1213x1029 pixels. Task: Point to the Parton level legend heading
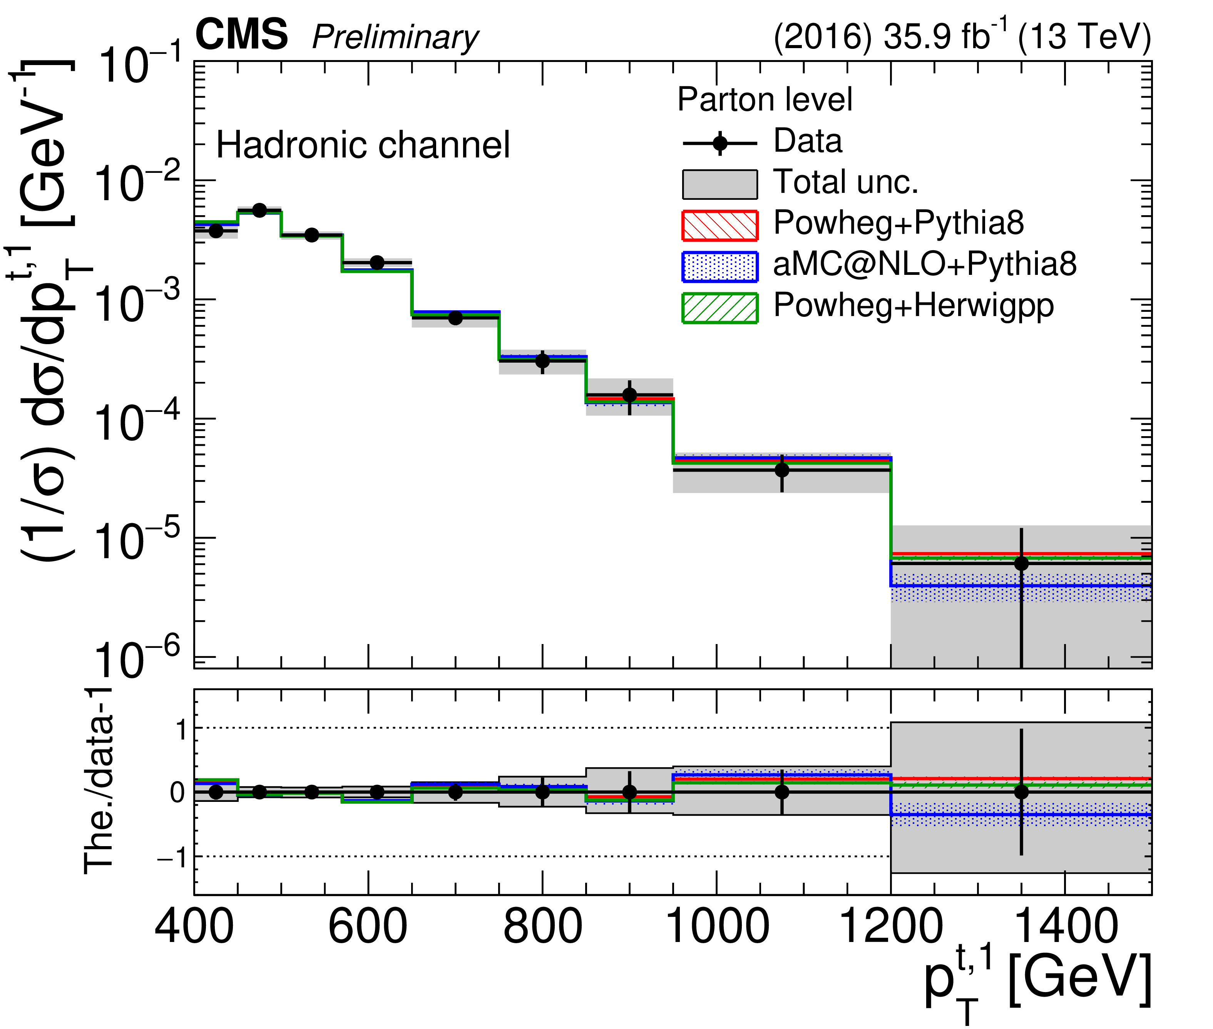click(765, 99)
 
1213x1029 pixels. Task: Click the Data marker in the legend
click(720, 143)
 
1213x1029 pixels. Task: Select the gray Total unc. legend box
click(720, 184)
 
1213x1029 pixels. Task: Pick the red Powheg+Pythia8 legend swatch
click(720, 226)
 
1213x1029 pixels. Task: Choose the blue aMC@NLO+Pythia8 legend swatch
click(720, 266)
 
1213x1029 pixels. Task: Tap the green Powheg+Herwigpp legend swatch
click(720, 308)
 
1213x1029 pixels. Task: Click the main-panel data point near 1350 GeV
click(1021, 564)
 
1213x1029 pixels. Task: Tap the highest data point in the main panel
click(259, 210)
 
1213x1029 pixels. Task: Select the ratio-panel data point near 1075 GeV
click(782, 792)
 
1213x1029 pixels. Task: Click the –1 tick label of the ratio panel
click(172, 858)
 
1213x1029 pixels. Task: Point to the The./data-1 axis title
click(99, 782)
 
